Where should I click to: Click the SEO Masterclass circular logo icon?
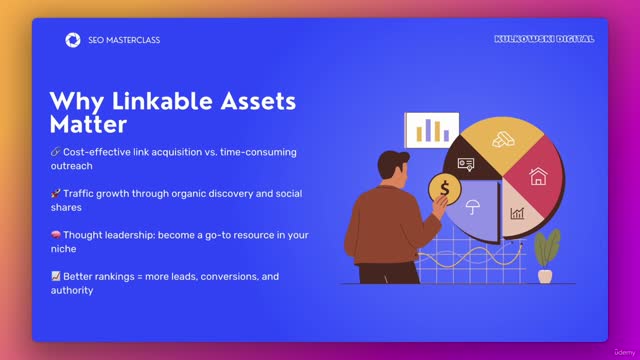[72, 40]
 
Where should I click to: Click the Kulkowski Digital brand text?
[544, 39]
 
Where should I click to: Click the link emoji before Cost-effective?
[55, 152]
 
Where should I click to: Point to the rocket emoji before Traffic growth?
[55, 193]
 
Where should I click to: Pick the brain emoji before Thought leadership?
[55, 234]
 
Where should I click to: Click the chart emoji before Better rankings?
[55, 276]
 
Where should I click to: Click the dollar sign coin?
[443, 187]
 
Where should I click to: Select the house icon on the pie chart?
[538, 177]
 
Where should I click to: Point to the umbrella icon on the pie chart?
[473, 207]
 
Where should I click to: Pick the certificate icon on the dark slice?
[466, 163]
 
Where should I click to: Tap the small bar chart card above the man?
[432, 129]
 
